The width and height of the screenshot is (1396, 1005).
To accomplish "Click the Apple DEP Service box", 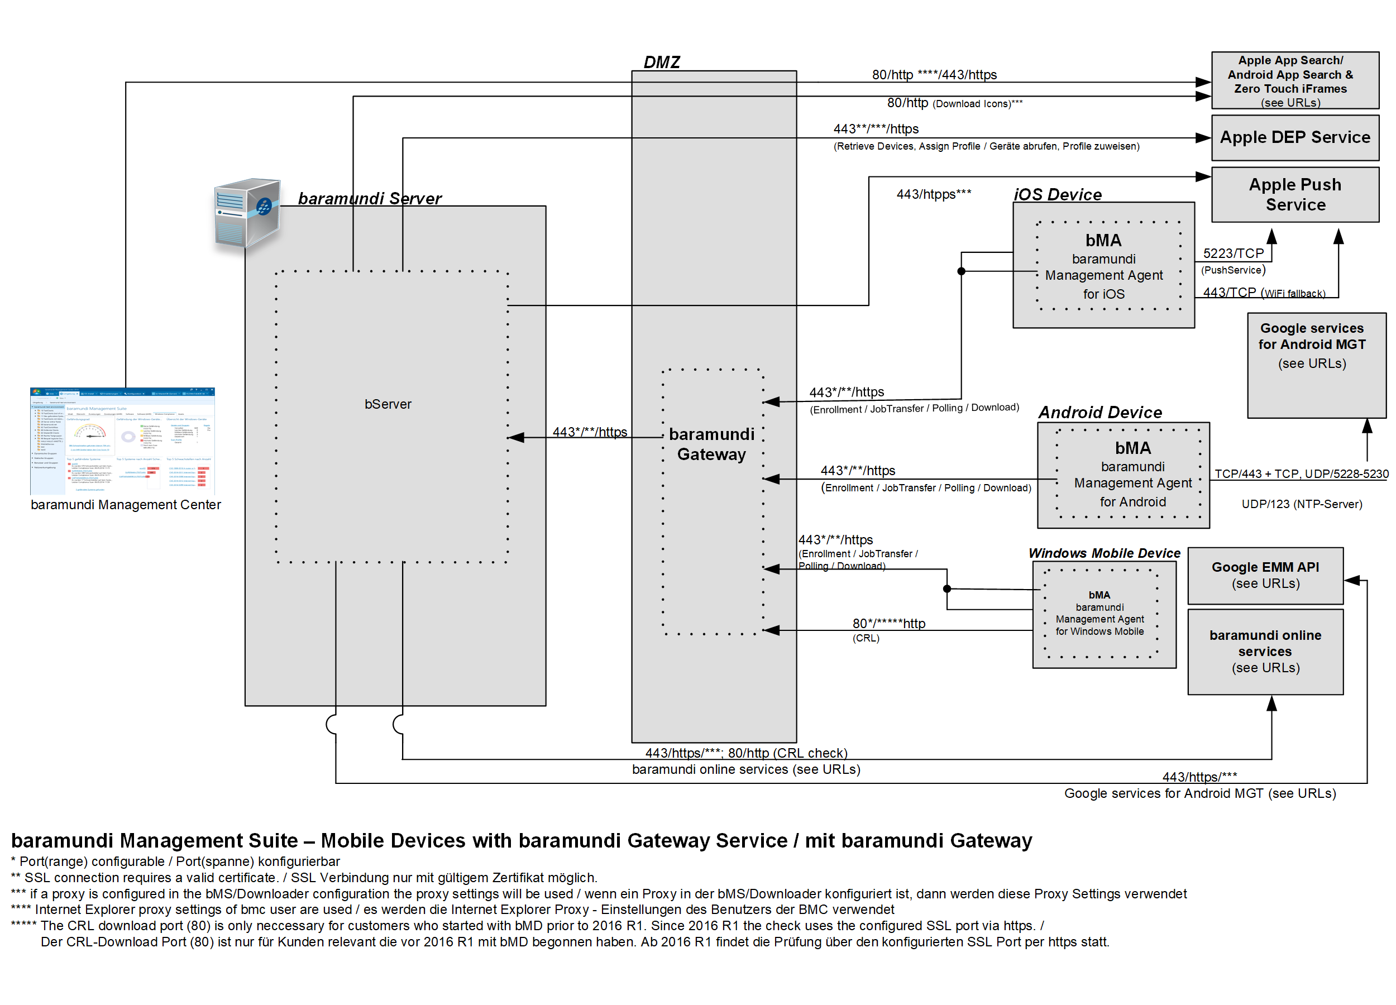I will (x=1294, y=137).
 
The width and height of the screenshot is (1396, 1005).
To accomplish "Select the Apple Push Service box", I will (x=1294, y=194).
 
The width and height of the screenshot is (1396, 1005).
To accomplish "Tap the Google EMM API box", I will (x=1265, y=576).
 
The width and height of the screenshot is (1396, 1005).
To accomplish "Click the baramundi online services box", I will (x=1265, y=651).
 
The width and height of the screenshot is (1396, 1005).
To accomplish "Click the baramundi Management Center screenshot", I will (x=122, y=441).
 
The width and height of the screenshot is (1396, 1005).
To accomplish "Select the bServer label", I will (x=388, y=404).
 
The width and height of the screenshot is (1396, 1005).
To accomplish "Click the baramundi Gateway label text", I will (x=711, y=444).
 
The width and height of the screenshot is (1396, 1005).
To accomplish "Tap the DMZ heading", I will (x=662, y=62).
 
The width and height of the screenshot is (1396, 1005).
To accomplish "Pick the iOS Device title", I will (x=1058, y=194).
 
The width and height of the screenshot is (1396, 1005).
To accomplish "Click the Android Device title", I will (x=1100, y=413).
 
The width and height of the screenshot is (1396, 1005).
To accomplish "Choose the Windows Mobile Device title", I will (x=1105, y=553).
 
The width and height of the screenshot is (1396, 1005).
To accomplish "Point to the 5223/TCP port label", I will (x=1233, y=253).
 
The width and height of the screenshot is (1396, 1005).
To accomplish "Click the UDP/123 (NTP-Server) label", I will (x=1301, y=504).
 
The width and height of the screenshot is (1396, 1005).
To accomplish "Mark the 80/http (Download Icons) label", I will (x=954, y=103).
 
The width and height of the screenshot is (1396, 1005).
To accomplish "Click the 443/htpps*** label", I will (x=933, y=194).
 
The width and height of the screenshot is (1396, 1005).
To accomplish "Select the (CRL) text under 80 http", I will (x=866, y=638).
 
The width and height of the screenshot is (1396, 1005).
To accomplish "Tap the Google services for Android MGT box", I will (x=1316, y=365).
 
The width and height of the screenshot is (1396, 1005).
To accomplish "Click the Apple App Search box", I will (x=1294, y=80).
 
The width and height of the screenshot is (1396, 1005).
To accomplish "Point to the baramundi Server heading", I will (x=369, y=198).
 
